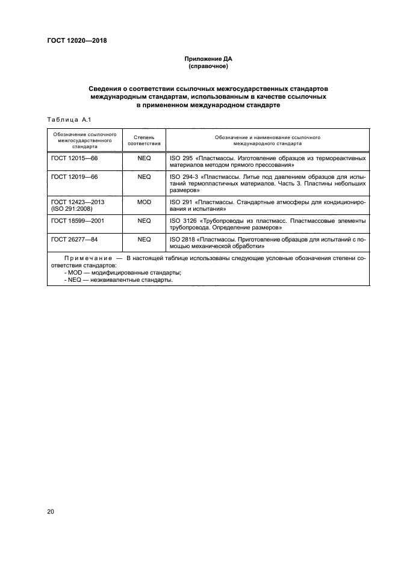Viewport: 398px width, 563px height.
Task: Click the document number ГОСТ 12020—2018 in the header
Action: click(x=77, y=41)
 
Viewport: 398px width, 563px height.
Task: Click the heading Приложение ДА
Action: click(x=207, y=59)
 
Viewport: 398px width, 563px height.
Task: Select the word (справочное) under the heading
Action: click(x=207, y=66)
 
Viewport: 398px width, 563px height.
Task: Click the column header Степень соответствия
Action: click(x=145, y=140)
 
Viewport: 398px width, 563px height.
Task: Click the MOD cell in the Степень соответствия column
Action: click(x=144, y=202)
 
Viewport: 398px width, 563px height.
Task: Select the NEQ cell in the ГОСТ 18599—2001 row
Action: click(x=144, y=222)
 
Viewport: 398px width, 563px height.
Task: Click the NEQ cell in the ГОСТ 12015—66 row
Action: click(x=144, y=158)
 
